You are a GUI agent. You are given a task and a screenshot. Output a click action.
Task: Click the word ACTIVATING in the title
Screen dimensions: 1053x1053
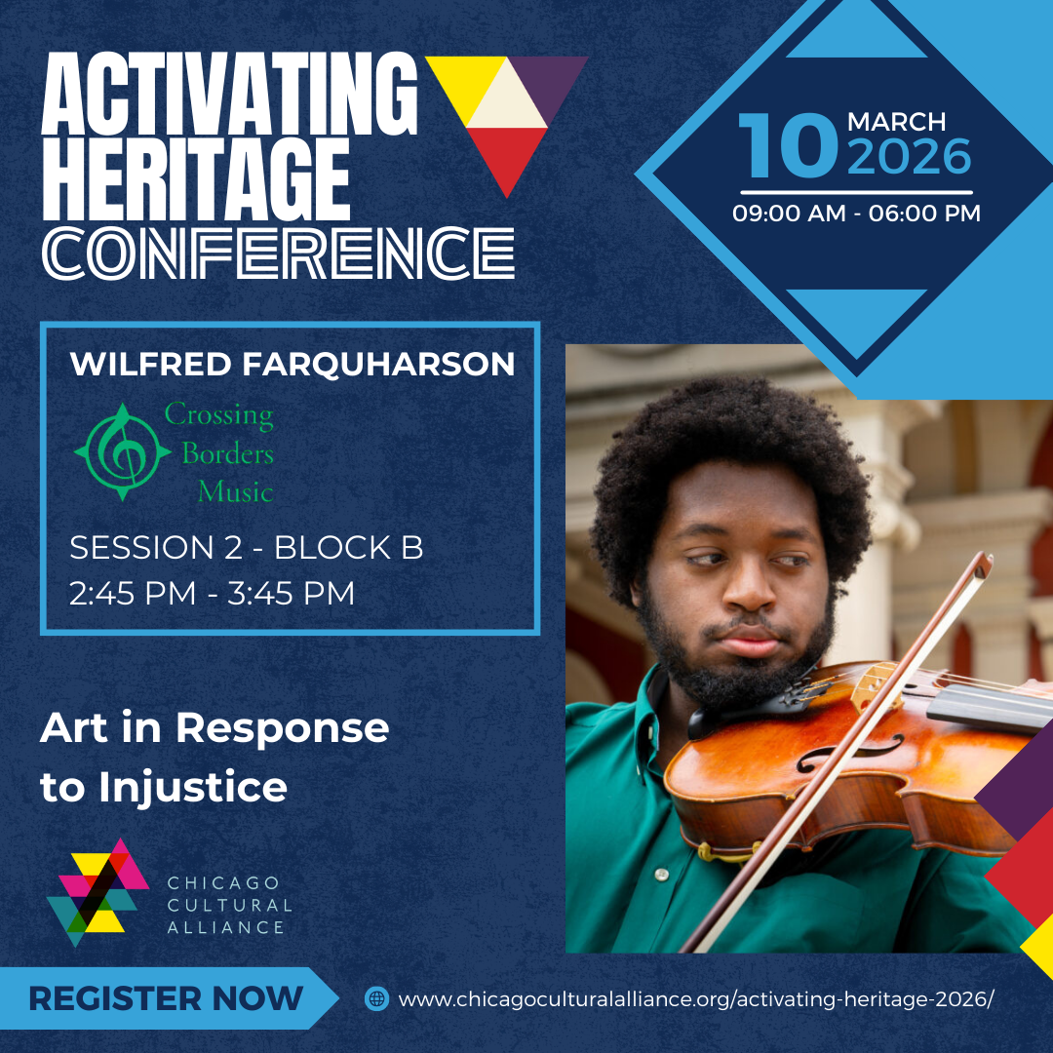[x=230, y=94]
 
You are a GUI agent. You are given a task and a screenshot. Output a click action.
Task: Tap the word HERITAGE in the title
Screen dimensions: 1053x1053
[x=196, y=179]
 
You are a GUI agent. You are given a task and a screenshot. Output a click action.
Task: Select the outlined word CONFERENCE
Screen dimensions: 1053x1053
[x=279, y=253]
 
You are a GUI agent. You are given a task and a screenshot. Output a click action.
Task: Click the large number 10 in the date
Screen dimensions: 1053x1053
[x=789, y=145]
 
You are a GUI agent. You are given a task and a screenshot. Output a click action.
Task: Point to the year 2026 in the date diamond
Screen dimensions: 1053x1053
[x=910, y=156]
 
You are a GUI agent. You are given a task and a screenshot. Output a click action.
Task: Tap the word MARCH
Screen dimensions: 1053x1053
[x=897, y=122]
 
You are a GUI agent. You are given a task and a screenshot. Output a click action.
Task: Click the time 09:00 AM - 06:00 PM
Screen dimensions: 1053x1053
[x=856, y=214]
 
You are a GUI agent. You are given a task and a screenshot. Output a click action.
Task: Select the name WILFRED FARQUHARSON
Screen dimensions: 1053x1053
[x=292, y=364]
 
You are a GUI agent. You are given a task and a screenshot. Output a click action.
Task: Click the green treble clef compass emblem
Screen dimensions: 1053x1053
[x=122, y=452]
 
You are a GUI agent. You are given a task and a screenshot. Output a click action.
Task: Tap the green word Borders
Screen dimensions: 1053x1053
[x=227, y=454]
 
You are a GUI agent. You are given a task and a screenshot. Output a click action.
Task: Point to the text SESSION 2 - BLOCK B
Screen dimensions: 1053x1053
[x=247, y=547]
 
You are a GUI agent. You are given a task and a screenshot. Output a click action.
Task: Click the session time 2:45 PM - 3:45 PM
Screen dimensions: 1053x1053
[x=213, y=593]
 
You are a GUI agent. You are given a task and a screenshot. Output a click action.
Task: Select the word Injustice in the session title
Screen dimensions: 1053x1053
[x=193, y=787]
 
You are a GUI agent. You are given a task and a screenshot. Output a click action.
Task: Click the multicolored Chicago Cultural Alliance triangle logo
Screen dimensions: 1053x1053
[x=97, y=892]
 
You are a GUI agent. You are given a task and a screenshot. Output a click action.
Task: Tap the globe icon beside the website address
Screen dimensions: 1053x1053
[x=376, y=998]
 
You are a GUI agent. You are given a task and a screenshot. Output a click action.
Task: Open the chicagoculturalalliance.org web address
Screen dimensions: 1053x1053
[x=696, y=999]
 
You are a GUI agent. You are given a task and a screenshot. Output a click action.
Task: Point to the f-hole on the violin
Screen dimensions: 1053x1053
[x=849, y=753]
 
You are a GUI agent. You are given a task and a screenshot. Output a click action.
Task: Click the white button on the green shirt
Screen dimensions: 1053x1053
[x=662, y=875]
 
